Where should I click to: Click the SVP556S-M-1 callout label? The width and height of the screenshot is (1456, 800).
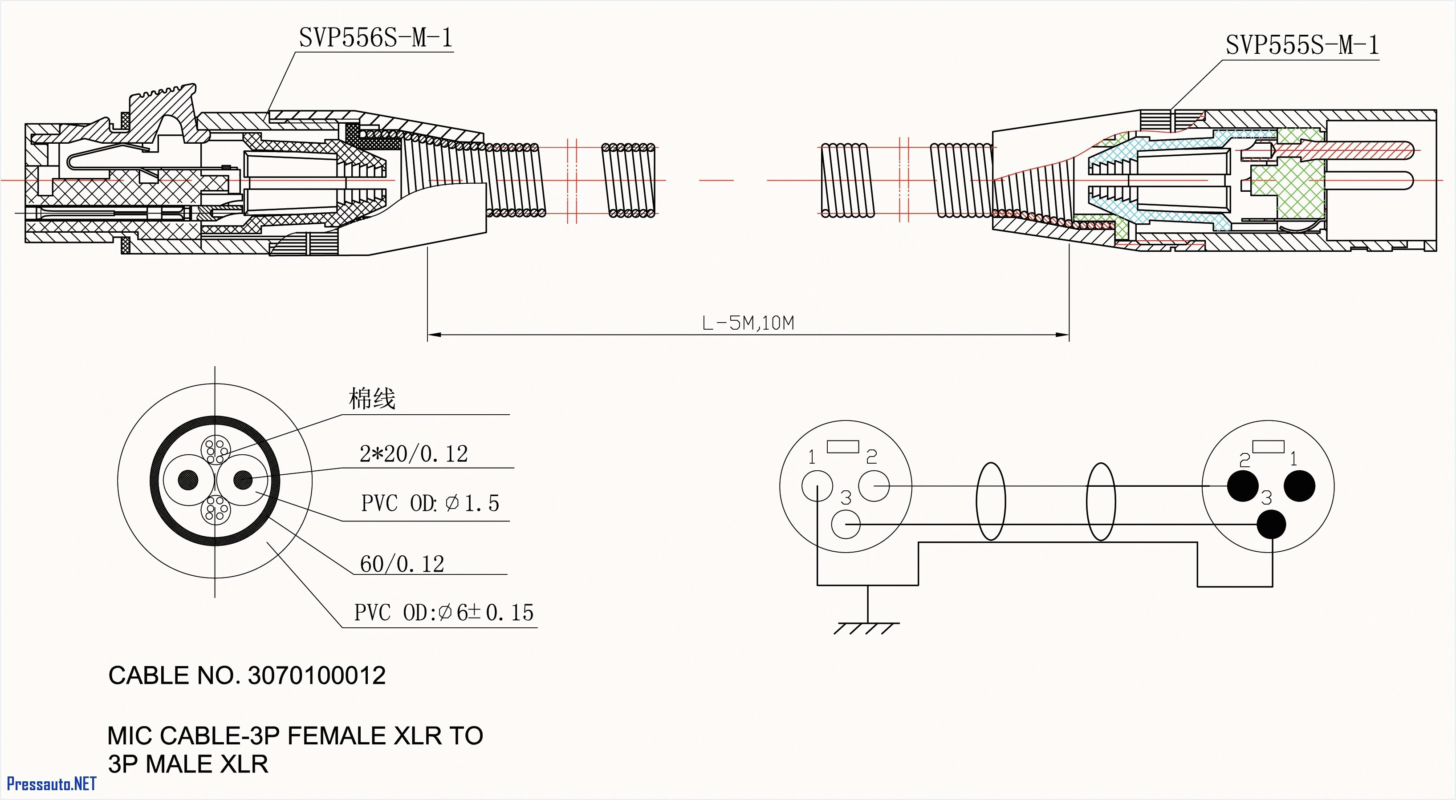point(375,38)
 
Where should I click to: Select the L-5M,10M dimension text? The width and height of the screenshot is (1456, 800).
point(747,323)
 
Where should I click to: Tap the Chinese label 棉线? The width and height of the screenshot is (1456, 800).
point(371,399)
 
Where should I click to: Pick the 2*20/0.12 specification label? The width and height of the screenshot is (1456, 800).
point(414,454)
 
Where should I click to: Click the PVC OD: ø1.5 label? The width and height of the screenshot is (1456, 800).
point(430,503)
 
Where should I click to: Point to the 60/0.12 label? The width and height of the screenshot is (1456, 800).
point(402,564)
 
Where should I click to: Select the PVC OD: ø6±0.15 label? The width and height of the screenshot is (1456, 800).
point(443,612)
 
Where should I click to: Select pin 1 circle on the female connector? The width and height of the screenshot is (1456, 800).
point(817,486)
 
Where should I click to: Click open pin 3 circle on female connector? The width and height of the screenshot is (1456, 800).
point(846,524)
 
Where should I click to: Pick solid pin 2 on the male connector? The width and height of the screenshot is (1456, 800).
point(1242,486)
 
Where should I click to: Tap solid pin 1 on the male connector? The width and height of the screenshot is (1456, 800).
point(1299,486)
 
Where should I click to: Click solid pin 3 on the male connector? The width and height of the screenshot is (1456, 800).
point(1272,524)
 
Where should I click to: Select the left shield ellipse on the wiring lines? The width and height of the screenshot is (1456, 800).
point(990,501)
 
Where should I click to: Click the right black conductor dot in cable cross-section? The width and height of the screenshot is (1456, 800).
point(243,480)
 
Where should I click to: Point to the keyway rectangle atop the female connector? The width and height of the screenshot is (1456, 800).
point(843,447)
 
